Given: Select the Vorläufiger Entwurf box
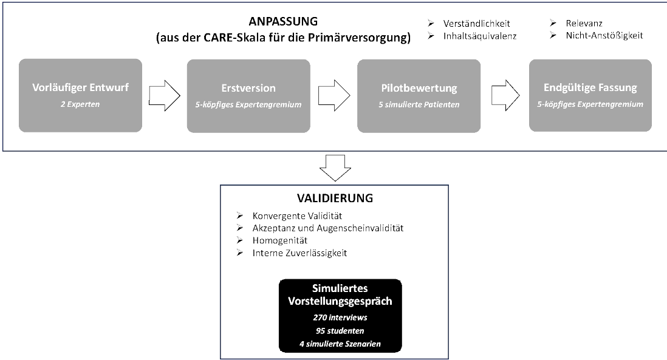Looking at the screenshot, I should point(80,95).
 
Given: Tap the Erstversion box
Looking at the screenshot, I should point(248,95).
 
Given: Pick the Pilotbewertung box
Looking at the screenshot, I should point(419,95).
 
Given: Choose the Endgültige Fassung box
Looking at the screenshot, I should point(590,95).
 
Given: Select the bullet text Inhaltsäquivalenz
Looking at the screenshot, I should point(479,35).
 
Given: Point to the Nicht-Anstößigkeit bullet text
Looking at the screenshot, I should point(602,35).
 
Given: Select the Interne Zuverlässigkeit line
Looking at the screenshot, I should point(299,253).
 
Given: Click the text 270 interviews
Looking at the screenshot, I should point(340,318).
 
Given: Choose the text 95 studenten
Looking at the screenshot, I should point(340,331).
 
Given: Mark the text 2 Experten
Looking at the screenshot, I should point(80,104).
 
